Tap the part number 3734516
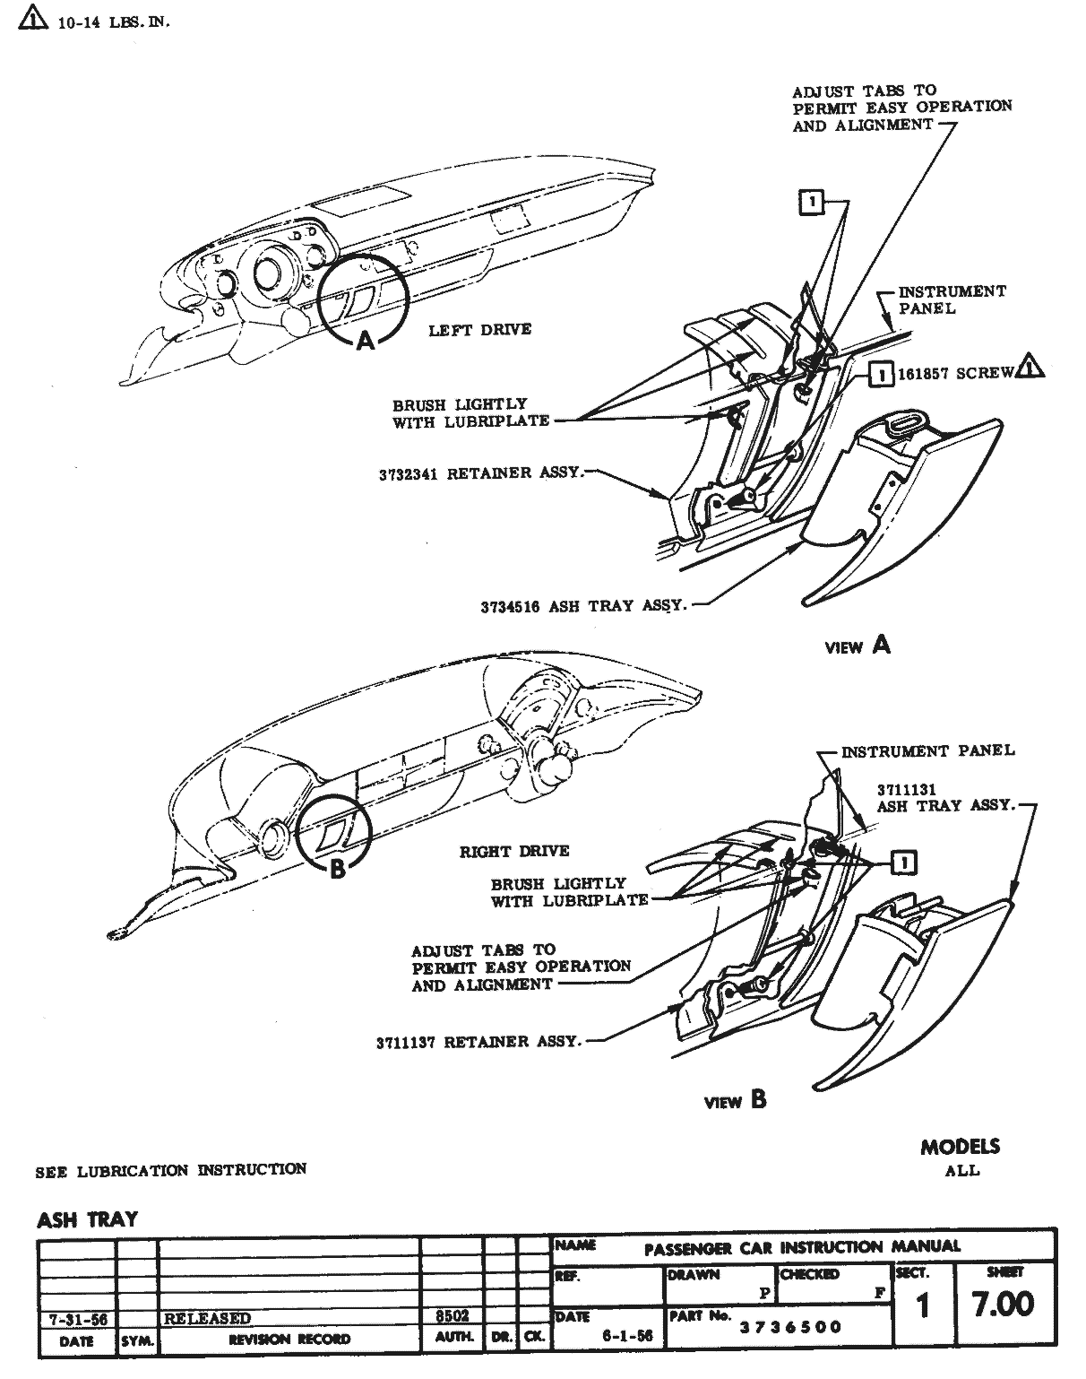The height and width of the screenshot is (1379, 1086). point(509,606)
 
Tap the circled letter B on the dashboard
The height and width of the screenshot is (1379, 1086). point(338,868)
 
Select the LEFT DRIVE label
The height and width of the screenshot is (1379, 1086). point(479,330)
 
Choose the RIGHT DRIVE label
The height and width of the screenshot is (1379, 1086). point(514,851)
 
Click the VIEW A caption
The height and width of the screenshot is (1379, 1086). point(858,646)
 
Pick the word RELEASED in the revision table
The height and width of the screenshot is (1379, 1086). point(207,1318)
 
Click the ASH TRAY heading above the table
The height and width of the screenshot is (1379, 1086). point(87,1219)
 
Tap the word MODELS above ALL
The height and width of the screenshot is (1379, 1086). point(960,1147)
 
